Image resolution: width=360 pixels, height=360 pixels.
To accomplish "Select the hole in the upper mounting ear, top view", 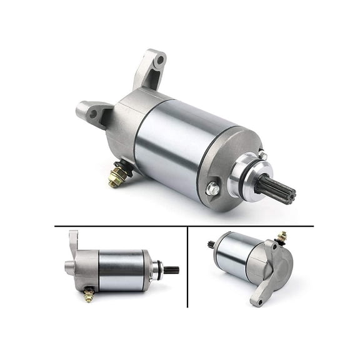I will tap(160, 61).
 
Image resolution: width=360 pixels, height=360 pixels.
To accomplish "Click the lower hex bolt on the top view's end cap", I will tap(212, 187).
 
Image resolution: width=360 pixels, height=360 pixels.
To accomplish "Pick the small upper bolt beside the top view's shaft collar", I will tap(262, 155).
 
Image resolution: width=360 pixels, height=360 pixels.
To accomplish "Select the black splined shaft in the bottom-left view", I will tap(170, 270).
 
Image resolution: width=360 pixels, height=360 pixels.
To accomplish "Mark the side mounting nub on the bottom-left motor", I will tap(69, 268).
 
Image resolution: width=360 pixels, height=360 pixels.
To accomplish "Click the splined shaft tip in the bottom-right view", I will tap(211, 245).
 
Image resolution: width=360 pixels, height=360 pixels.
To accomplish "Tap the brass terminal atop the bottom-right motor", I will tap(281, 237).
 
